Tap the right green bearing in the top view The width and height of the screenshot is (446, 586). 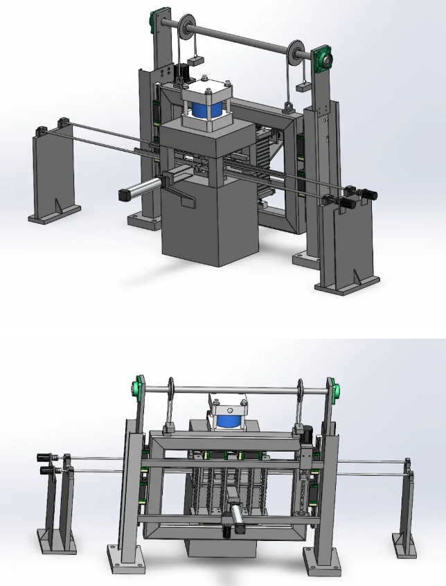click(322, 60)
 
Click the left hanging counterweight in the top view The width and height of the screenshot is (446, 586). click(196, 60)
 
